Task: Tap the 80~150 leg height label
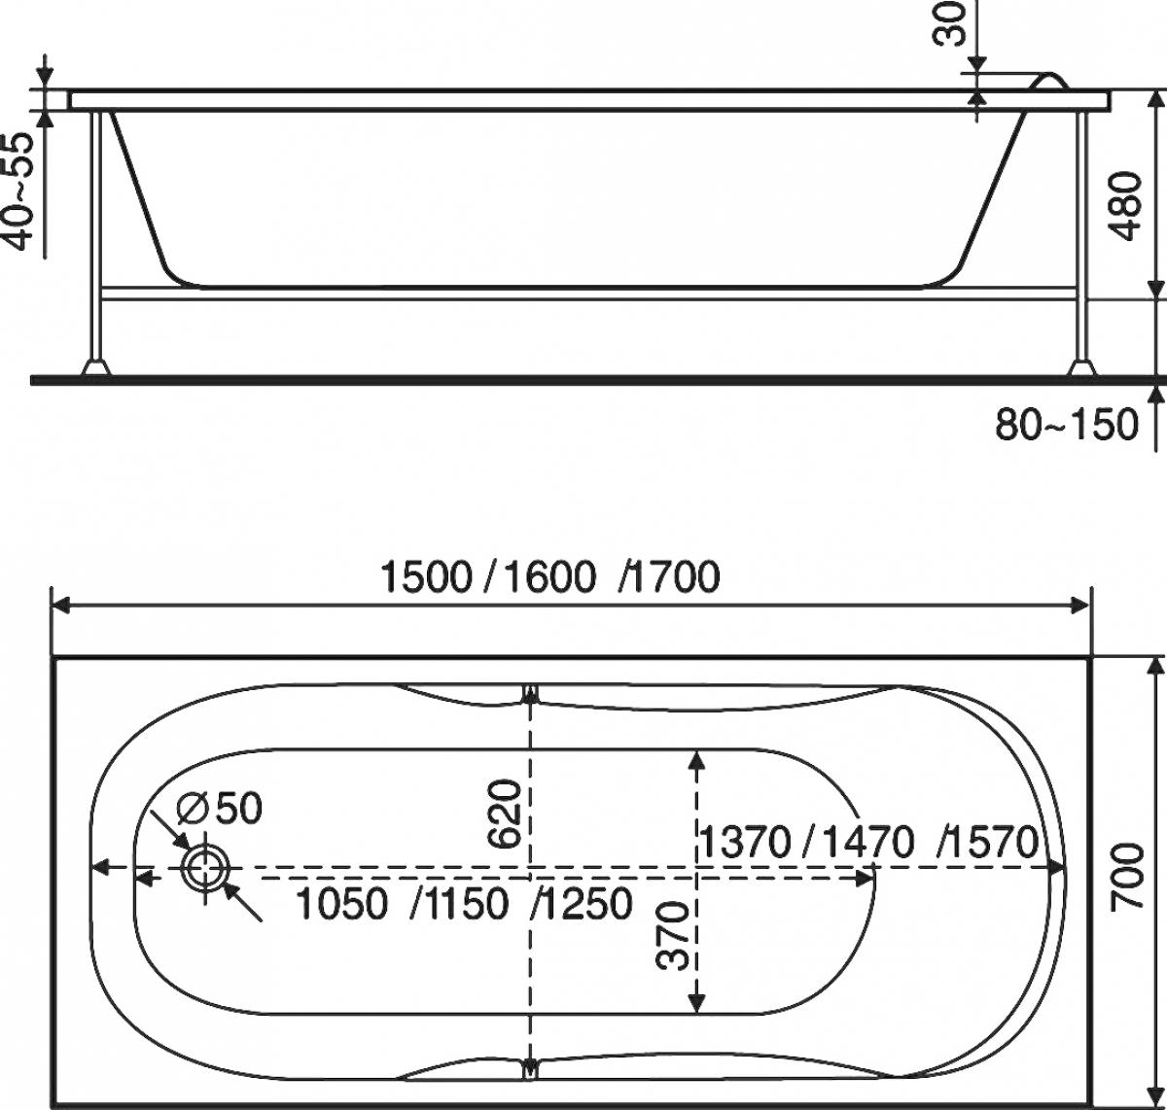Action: [1067, 424]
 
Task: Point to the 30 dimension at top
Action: [950, 23]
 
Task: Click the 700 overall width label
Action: [1126, 877]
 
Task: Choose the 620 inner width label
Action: [505, 814]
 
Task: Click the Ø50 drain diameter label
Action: [220, 807]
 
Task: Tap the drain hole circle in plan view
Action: [206, 868]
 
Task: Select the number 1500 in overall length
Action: [426, 576]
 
